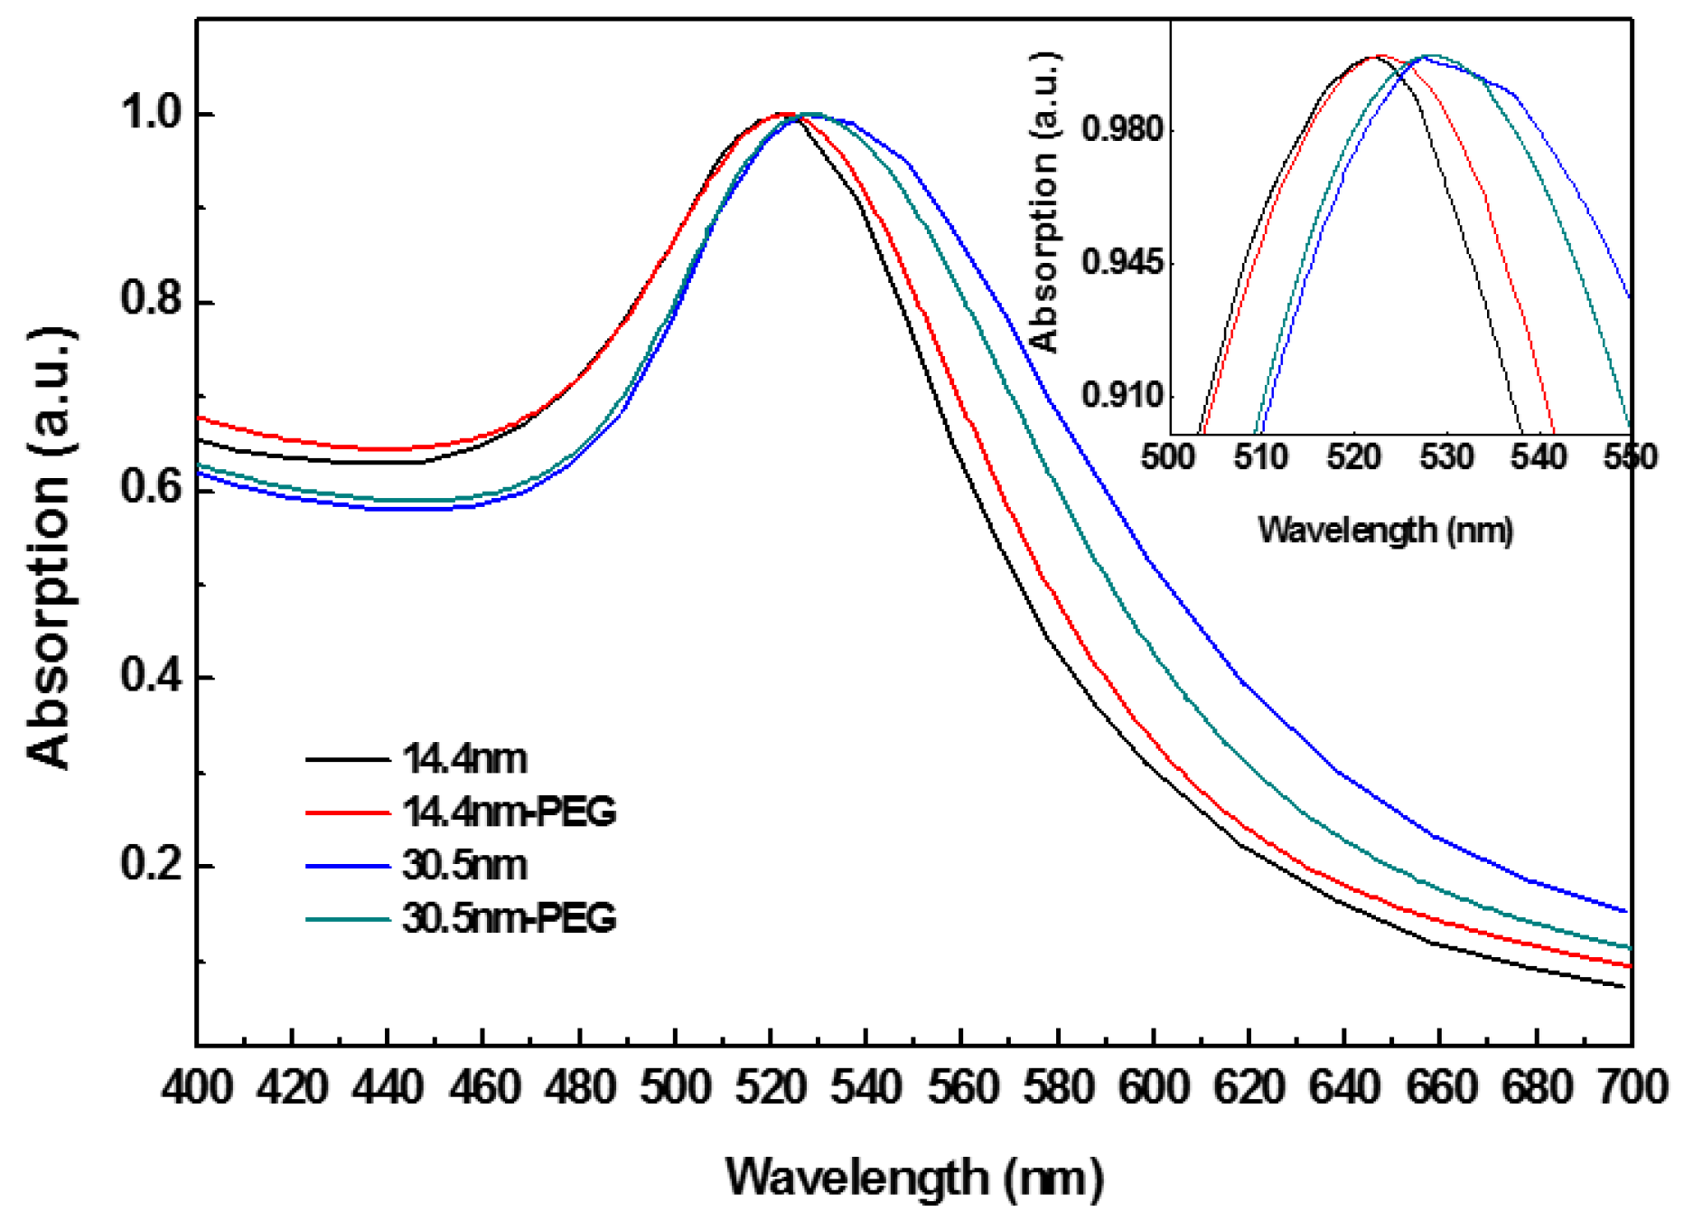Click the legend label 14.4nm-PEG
point(509,812)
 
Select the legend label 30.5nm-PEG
point(509,918)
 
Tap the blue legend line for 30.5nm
point(348,866)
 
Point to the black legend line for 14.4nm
point(348,759)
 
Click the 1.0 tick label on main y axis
point(153,114)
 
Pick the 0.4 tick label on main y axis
point(153,676)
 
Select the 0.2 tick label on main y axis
point(153,864)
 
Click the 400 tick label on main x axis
point(197,1086)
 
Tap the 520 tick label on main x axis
point(771,1086)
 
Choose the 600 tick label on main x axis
point(1154,1086)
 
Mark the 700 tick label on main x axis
point(1632,1086)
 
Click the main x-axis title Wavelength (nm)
point(914,1178)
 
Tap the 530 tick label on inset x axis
point(1446,457)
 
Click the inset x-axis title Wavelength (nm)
point(1385,530)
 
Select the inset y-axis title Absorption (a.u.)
point(1044,201)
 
